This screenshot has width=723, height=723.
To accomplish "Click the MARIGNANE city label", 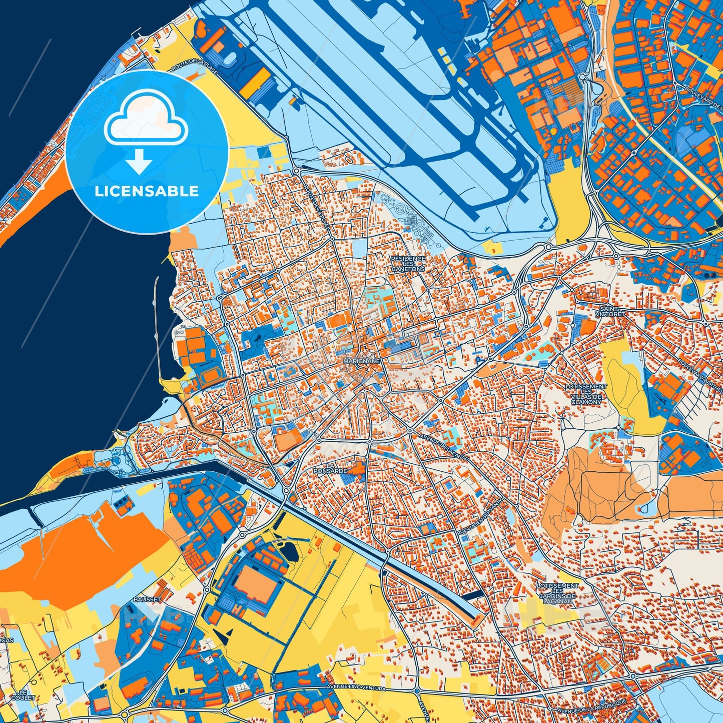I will coord(362,360).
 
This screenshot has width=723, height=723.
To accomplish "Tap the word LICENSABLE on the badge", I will coord(147,191).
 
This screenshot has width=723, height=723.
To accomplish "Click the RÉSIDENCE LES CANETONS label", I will coord(408,264).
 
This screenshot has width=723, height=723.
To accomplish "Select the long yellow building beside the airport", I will coord(256,81).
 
